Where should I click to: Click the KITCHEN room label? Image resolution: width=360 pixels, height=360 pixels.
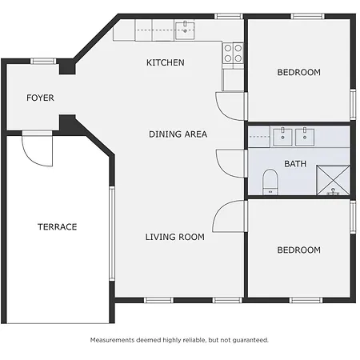pos(166,62)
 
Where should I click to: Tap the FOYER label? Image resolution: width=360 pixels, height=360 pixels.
pos(40,98)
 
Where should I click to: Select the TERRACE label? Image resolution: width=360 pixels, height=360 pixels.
pos(58,227)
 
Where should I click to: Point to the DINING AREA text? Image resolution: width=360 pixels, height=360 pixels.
pos(178,134)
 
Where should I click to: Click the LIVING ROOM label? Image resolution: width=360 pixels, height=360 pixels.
pos(175,237)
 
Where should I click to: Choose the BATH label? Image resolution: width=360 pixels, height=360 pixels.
pos(295,164)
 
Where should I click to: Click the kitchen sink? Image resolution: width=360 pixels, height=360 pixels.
pos(185,30)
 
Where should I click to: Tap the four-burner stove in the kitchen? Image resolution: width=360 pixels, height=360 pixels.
pos(233,54)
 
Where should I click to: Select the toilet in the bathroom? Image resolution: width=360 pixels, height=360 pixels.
pos(270,182)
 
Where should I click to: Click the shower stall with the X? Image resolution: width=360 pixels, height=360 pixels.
pos(333,180)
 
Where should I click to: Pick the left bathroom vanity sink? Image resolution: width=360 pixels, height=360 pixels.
pos(282,137)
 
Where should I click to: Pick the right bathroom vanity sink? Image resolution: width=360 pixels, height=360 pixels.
pos(305,137)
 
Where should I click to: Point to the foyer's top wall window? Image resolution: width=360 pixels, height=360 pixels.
pos(43,62)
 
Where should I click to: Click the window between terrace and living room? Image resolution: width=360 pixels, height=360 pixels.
pos(112,234)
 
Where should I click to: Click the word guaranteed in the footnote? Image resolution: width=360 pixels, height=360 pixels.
pos(250,340)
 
